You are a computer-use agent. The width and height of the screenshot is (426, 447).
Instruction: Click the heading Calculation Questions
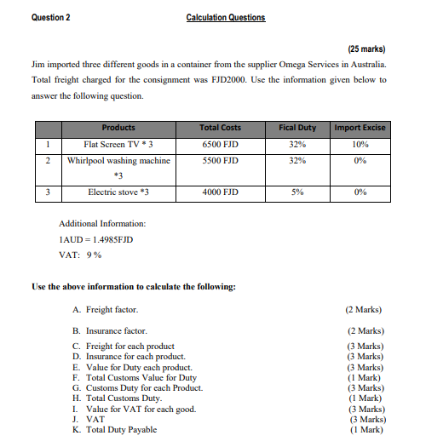(x=225, y=17)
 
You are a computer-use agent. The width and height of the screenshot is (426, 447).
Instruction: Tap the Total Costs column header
(x=219, y=128)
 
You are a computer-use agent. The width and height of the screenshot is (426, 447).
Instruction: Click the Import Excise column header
(x=359, y=128)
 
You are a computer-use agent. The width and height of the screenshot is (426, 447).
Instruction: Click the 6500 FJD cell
(x=219, y=144)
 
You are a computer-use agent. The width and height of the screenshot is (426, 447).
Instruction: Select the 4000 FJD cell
(x=219, y=192)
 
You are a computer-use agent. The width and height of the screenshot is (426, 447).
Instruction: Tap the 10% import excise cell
(x=359, y=144)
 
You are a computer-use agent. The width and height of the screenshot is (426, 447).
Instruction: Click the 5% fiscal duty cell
(x=297, y=192)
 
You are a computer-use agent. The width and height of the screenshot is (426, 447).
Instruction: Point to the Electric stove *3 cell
(x=118, y=192)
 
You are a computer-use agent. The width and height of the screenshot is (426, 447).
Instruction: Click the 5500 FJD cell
(x=219, y=159)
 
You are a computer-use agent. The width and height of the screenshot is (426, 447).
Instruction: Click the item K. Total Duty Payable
(x=115, y=430)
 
